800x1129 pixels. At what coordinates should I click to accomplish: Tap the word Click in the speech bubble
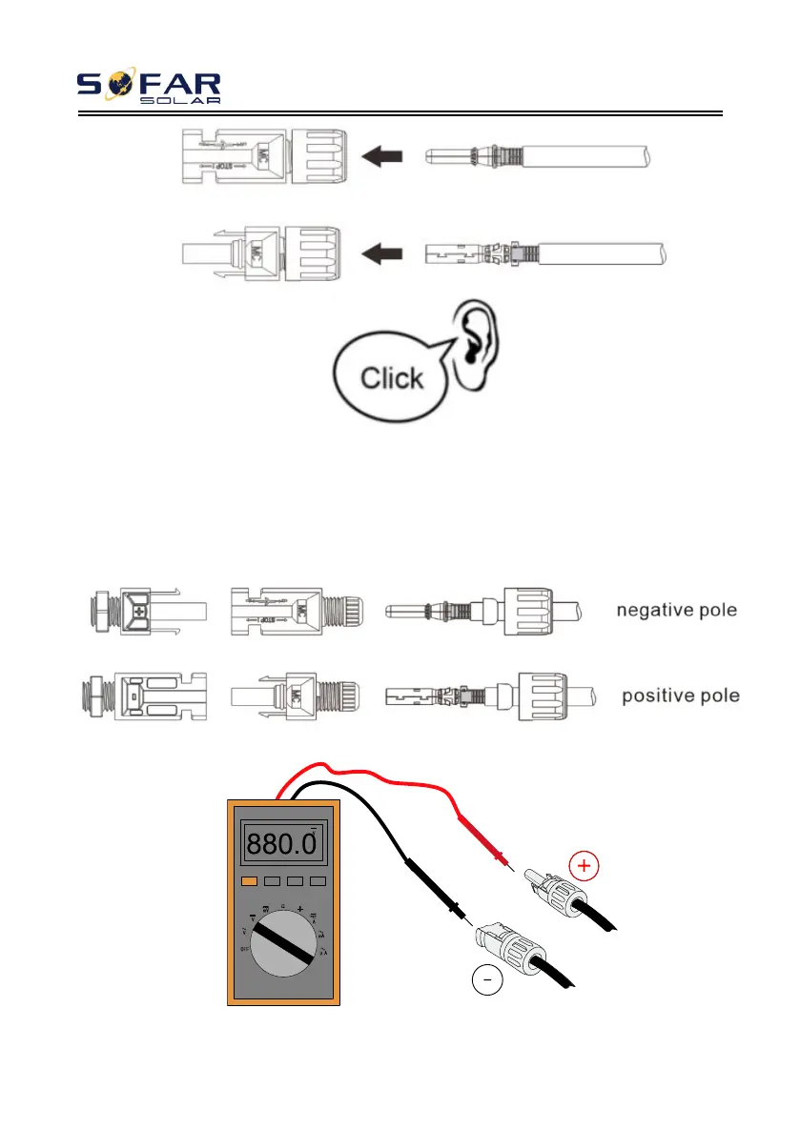pyautogui.click(x=392, y=377)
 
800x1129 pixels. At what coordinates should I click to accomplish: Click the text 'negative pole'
pyautogui.click(x=675, y=610)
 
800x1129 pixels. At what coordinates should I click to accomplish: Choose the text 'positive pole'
pyautogui.click(x=680, y=696)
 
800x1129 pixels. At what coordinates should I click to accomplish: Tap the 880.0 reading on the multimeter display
pyautogui.click(x=280, y=841)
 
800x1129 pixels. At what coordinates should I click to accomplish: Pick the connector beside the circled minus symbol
pyautogui.click(x=511, y=947)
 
